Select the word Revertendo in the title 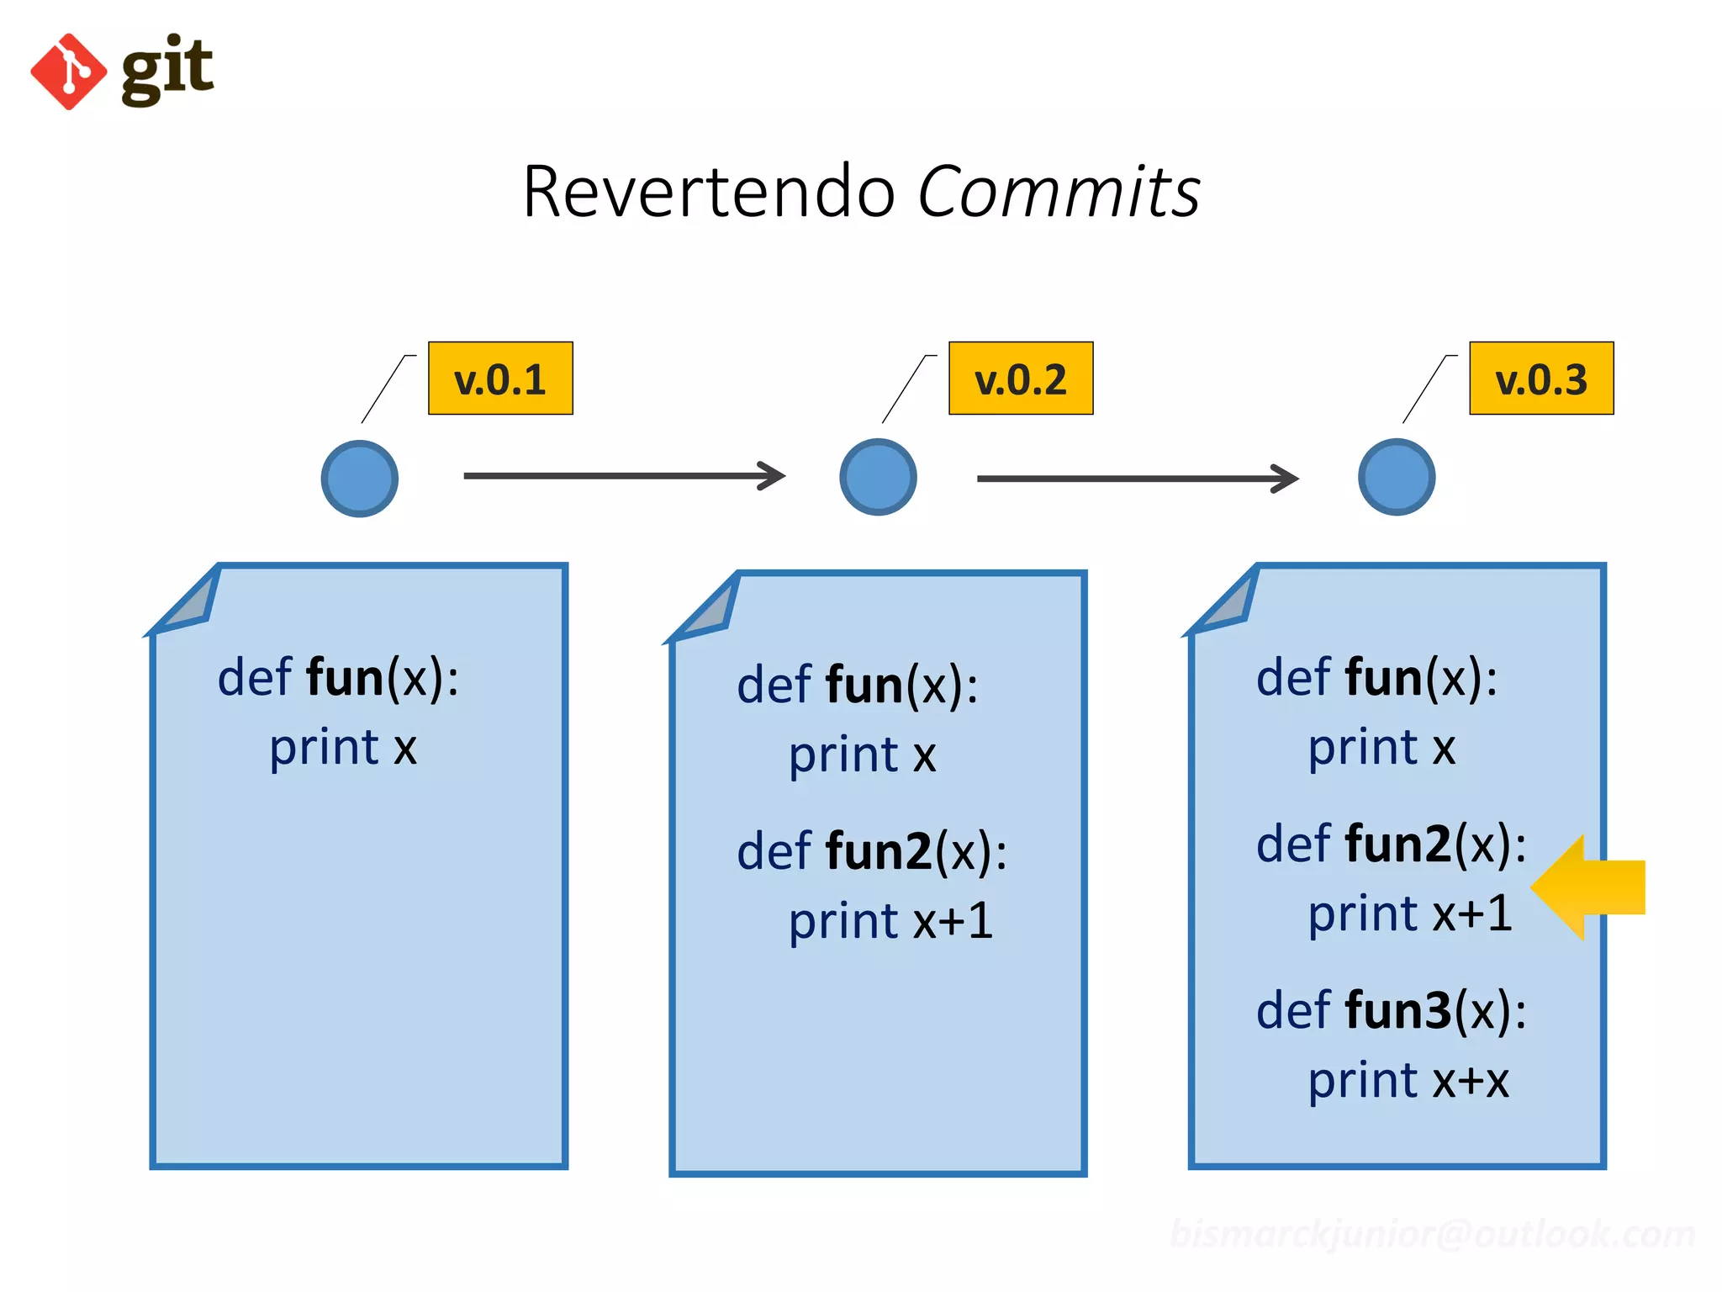click(709, 193)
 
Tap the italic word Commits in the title click(1058, 193)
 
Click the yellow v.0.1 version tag click(500, 379)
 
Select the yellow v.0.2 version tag click(1021, 379)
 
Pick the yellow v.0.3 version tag click(1541, 379)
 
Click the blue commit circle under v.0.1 click(360, 478)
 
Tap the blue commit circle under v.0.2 click(878, 477)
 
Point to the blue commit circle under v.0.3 click(1397, 477)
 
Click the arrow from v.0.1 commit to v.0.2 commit click(624, 475)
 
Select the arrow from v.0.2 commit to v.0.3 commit click(1137, 479)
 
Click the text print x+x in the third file click(1408, 1081)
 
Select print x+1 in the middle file click(890, 921)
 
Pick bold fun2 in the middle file click(879, 851)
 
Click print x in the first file click(343, 747)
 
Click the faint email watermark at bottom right click(1432, 1234)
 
